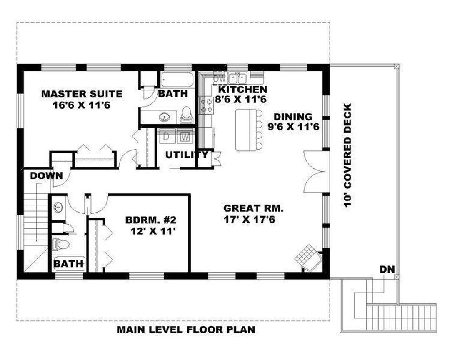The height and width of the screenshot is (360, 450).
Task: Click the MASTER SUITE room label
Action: [82, 94]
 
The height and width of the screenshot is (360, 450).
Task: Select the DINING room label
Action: [293, 117]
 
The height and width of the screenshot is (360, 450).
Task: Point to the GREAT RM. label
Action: [253, 208]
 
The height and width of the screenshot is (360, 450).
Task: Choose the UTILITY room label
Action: [187, 155]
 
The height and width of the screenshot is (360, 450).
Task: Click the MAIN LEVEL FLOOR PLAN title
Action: [186, 330]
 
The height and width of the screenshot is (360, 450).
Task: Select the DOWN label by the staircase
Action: [46, 176]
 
